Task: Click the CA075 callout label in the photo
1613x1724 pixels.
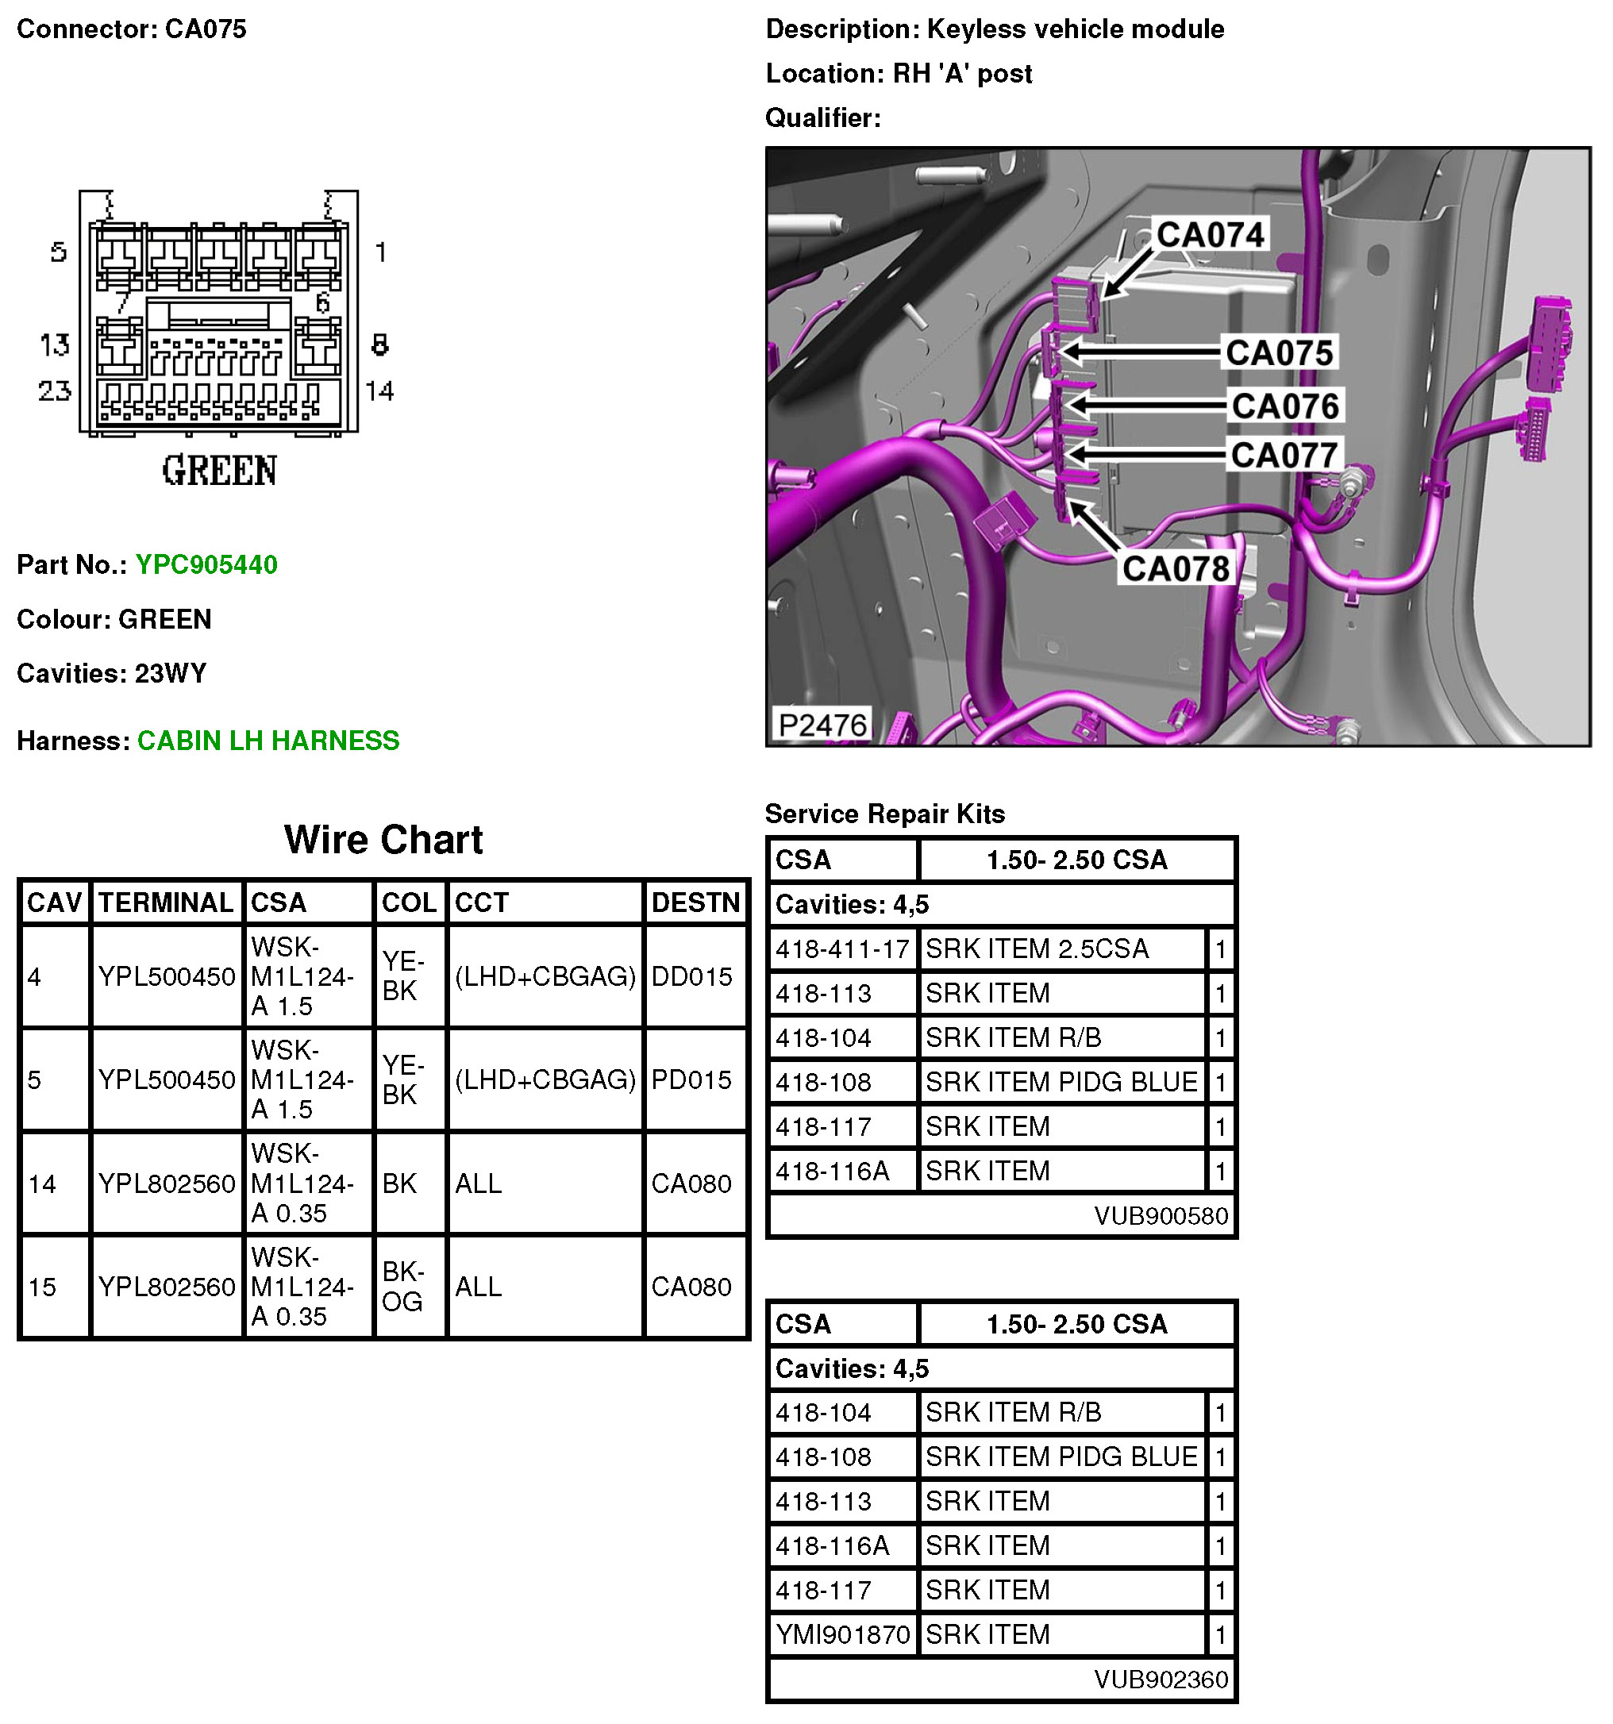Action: coord(1278,353)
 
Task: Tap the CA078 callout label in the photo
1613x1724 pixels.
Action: coord(1175,569)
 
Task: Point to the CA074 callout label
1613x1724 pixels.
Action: coord(1210,235)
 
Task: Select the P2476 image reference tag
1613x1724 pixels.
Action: coord(822,725)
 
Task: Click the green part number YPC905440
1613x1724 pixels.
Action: coord(206,564)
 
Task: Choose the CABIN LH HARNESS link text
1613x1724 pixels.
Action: coord(268,741)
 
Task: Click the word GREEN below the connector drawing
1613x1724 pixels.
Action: coord(219,471)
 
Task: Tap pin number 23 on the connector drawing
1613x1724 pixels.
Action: coord(55,391)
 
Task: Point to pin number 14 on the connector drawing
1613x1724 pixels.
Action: coord(379,391)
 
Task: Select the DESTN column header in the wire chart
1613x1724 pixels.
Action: coord(695,902)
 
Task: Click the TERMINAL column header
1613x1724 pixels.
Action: coord(166,902)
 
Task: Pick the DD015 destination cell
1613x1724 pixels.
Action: coord(691,976)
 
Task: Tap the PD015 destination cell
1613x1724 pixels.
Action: coord(691,1079)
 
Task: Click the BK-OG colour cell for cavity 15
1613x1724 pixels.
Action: coord(402,1286)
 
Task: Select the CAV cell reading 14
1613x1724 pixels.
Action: coord(41,1183)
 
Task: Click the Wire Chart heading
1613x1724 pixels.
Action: coord(383,840)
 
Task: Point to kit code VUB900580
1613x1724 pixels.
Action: coord(1161,1216)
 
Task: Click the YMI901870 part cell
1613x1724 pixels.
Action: coord(842,1634)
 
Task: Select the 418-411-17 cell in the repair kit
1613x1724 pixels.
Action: coord(842,949)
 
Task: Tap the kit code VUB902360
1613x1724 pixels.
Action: coord(1161,1680)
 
